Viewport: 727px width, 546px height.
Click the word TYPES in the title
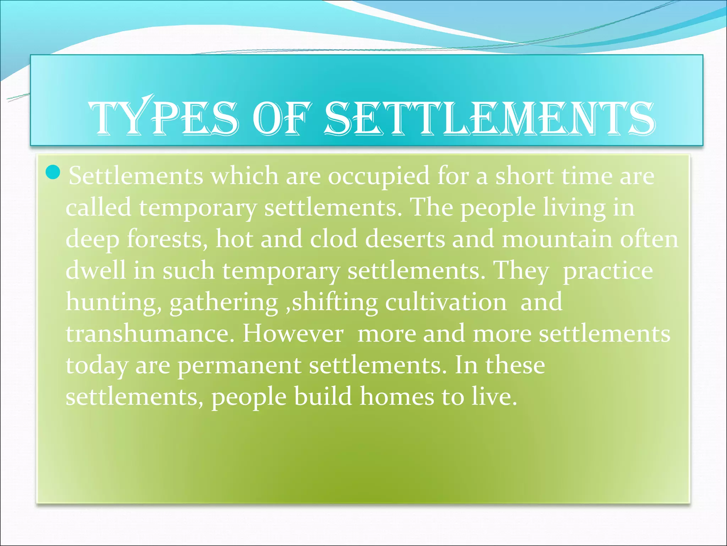(163, 118)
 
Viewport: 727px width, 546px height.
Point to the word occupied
(378, 176)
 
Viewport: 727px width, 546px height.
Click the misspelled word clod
(334, 239)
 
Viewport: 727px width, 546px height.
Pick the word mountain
(557, 239)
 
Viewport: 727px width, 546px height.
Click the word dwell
(96, 270)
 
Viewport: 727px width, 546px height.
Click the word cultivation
(446, 302)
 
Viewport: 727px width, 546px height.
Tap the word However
(293, 334)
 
